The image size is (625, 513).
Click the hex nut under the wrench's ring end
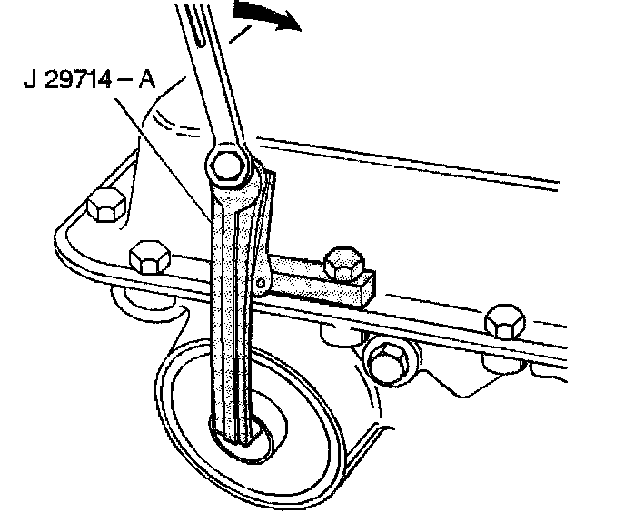tap(224, 166)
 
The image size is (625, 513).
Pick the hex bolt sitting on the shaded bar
tap(342, 262)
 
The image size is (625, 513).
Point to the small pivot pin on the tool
tap(262, 286)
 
